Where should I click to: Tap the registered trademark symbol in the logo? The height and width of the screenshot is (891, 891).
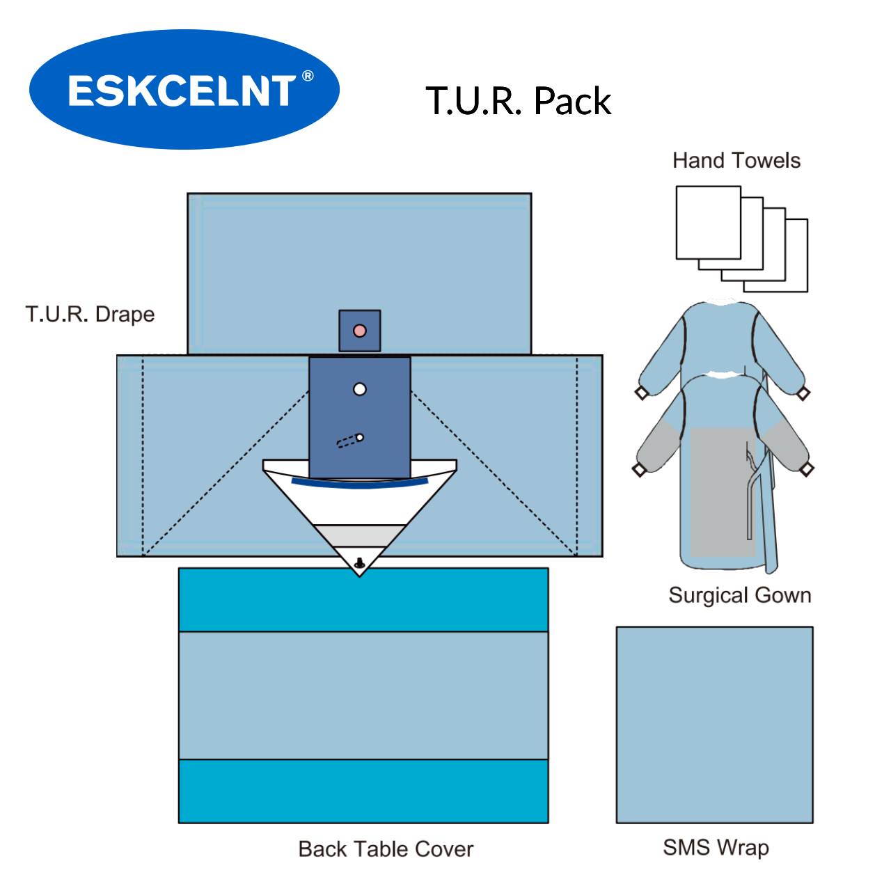[x=307, y=76]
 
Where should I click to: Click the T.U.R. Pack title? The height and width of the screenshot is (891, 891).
[x=519, y=101]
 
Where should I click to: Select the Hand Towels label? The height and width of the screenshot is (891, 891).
[x=736, y=161]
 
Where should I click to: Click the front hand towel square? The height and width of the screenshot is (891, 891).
[x=708, y=222]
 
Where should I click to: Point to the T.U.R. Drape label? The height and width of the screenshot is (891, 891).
[x=90, y=314]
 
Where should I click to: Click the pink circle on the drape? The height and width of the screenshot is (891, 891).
[x=359, y=330]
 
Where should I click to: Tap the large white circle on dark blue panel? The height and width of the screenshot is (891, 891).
[x=359, y=389]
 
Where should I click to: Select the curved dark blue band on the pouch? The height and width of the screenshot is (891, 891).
[x=359, y=483]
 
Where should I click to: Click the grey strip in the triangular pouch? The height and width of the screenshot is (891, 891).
[x=359, y=535]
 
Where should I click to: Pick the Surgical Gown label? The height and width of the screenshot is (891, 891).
[x=739, y=595]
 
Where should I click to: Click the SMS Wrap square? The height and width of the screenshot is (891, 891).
[x=714, y=725]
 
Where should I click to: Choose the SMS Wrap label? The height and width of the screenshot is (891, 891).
[x=716, y=847]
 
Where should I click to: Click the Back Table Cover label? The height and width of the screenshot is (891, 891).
[x=386, y=849]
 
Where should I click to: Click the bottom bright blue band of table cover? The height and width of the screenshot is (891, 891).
[x=363, y=791]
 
